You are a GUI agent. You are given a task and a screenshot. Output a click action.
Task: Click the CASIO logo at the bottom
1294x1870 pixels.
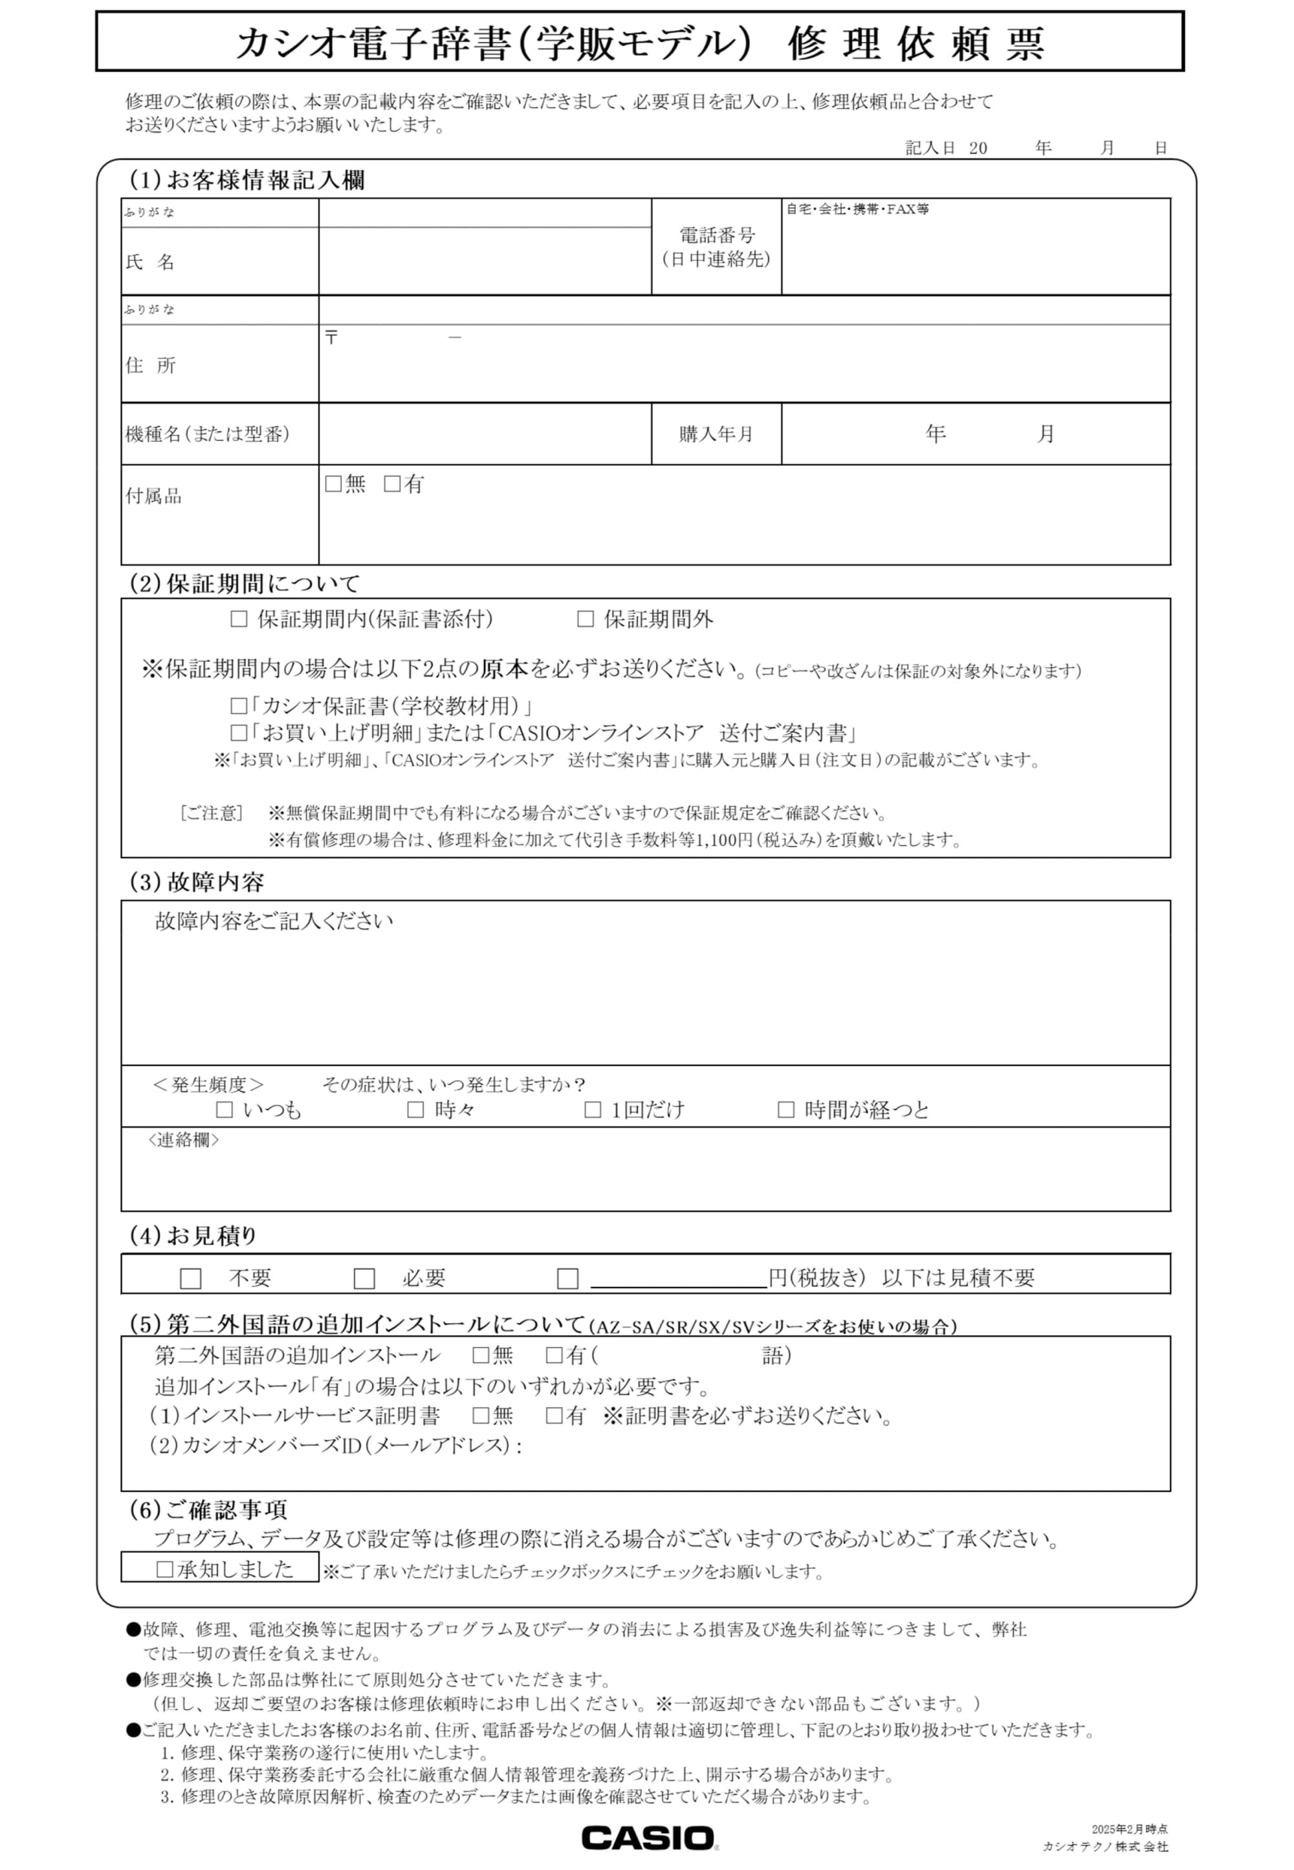coord(649,1838)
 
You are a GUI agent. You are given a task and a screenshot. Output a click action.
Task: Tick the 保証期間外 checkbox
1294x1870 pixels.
coord(585,619)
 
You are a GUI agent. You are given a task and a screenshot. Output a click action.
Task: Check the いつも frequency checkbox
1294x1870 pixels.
coord(225,1109)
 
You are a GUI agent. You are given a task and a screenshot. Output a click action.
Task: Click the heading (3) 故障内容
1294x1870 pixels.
coord(197,882)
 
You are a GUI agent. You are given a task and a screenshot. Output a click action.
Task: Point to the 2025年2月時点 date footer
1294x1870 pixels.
coord(1128,1829)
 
